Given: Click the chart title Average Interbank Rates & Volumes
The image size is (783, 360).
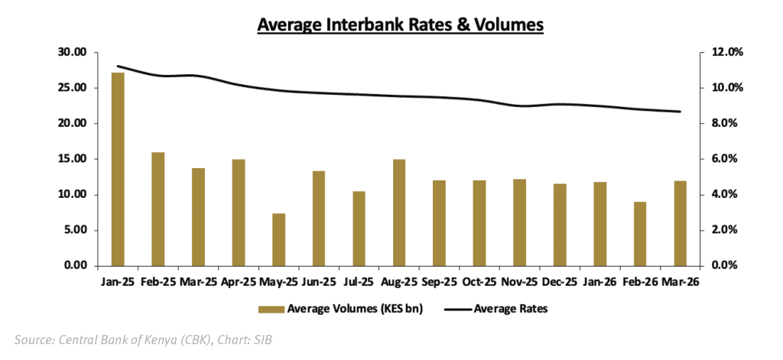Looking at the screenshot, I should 400,24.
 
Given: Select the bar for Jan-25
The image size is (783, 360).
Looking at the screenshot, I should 118,169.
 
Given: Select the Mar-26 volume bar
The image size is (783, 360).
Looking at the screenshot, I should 680,223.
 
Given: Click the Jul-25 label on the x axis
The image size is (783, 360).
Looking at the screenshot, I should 359,282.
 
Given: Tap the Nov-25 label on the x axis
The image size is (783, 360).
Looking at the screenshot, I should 519,282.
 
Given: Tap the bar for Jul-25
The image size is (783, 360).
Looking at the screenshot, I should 359,229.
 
